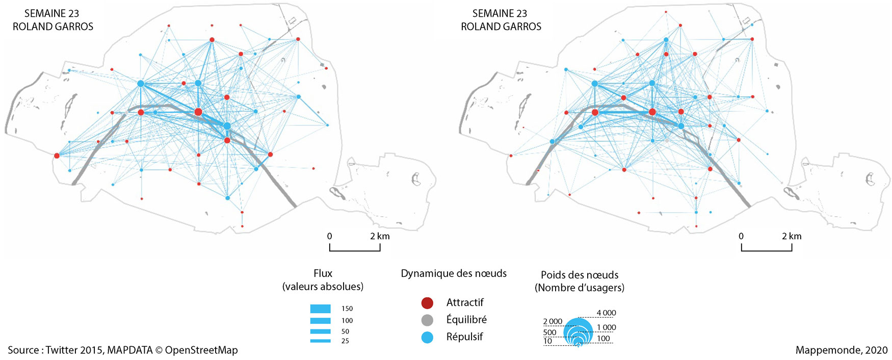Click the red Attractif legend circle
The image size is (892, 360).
427,303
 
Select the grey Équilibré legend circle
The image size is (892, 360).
427,320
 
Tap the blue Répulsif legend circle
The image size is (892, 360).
427,337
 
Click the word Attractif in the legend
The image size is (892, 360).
464,302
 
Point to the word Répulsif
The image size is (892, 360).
464,337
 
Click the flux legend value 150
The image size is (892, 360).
347,308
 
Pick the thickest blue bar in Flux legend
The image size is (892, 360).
320,308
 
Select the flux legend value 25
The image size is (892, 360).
345,341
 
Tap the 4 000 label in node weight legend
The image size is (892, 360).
606,313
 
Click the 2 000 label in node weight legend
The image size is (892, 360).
553,321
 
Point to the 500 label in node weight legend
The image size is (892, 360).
549,332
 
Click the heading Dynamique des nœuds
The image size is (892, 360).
454,273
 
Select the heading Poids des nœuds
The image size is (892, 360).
580,275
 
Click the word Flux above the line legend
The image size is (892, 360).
323,273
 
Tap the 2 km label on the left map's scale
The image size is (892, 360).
380,236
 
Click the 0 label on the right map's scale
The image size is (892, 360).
741,236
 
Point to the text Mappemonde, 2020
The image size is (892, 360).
841,350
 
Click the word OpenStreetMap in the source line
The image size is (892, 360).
201,350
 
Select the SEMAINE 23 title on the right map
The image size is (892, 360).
500,14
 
